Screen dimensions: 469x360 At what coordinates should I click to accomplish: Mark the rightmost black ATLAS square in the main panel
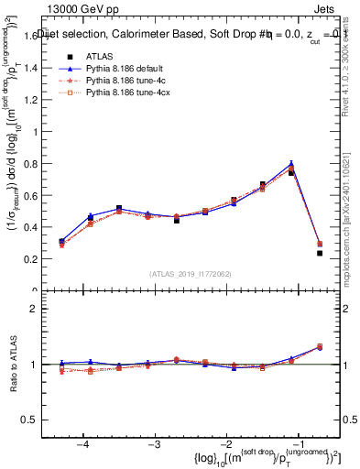tap(320, 253)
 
